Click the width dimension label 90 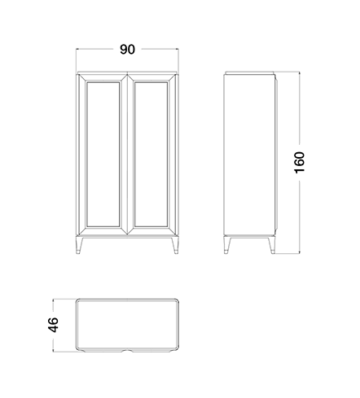(127, 50)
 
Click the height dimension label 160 (300, 163)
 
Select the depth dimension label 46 (53, 325)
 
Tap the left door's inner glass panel (103, 154)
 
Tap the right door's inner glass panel (151, 154)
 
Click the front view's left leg (80, 245)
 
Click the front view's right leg (175, 245)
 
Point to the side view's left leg (227, 245)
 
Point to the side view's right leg (271, 245)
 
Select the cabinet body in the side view (250, 154)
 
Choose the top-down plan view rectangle (127, 326)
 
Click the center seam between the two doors (127, 154)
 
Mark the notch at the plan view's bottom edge (127, 351)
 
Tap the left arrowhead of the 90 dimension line (77, 49)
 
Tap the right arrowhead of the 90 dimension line (178, 49)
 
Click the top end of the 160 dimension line (300, 72)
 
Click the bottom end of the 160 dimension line (300, 254)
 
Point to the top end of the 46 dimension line (53, 300)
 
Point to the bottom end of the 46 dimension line (53, 352)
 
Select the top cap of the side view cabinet (249, 72)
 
